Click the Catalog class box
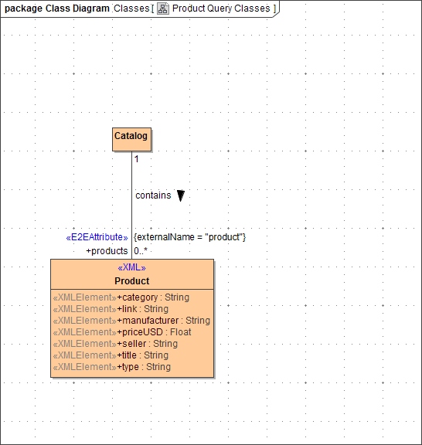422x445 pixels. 131,137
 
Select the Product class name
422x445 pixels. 131,281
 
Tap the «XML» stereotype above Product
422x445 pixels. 131,268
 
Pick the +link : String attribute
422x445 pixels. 143,309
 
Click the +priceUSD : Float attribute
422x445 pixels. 154,332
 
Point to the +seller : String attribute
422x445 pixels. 148,344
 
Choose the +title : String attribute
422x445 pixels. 142,355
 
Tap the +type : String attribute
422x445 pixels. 144,367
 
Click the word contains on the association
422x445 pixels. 153,195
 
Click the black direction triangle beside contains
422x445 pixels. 180,195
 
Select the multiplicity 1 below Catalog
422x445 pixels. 137,159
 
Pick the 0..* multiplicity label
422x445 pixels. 141,251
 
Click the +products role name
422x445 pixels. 107,251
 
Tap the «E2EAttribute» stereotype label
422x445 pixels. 97,237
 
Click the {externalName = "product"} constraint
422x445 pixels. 189,237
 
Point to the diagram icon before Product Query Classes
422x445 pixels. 163,8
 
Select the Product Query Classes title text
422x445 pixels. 221,8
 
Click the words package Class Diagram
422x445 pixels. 57,8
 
